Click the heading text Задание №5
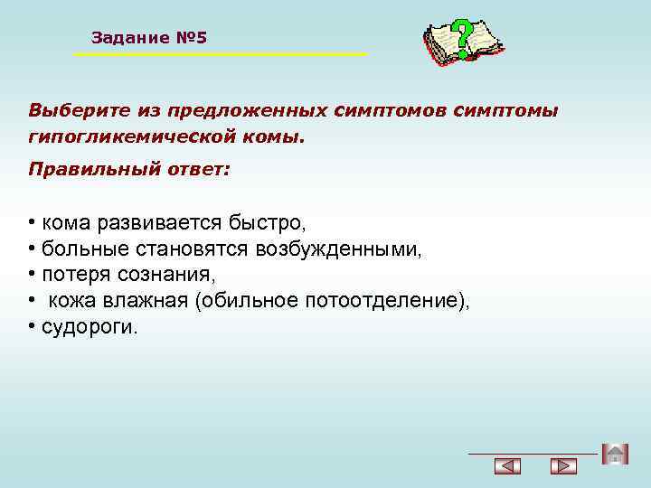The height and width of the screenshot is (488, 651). click(149, 38)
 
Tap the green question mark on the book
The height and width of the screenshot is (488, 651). click(463, 39)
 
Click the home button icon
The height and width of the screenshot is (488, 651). click(614, 454)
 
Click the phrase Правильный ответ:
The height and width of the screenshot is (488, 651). click(129, 169)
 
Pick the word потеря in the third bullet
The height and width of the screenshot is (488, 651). click(73, 275)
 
